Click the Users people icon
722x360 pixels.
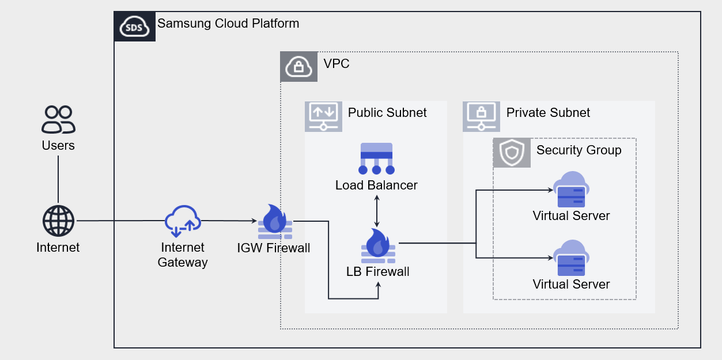click(58, 119)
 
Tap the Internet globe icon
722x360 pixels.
click(58, 221)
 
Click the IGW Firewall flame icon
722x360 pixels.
click(274, 222)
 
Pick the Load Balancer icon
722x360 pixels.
click(376, 158)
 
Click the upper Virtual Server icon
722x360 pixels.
click(570, 190)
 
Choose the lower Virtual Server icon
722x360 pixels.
click(570, 259)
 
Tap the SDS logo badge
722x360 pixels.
click(135, 26)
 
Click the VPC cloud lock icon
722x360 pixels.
click(298, 66)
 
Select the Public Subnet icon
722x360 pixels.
click(323, 116)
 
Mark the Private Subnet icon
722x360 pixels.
click(482, 116)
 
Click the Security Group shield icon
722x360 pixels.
click(512, 153)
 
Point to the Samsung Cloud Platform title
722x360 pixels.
click(228, 24)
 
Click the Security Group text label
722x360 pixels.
click(579, 150)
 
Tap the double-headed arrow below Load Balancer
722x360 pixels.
click(377, 211)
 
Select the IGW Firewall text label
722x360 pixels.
click(274, 248)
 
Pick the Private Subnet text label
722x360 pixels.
click(548, 112)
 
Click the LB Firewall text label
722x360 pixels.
click(377, 271)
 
